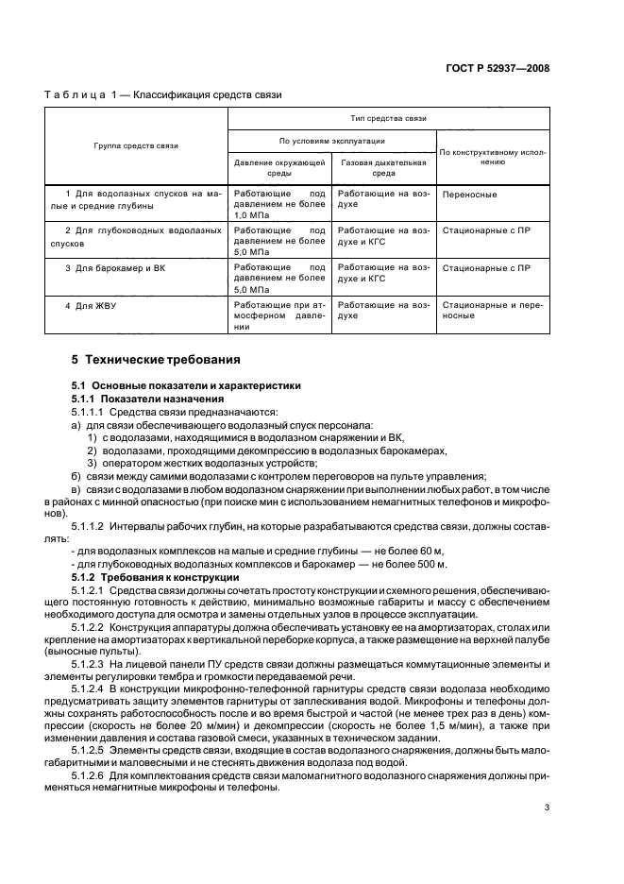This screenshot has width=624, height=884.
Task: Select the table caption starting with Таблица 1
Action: [163, 94]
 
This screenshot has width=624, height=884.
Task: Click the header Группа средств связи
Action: [136, 145]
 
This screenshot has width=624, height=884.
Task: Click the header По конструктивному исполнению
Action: [493, 156]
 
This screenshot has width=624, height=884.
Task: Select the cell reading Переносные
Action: [469, 195]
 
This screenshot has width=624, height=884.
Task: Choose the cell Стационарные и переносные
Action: [491, 311]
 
